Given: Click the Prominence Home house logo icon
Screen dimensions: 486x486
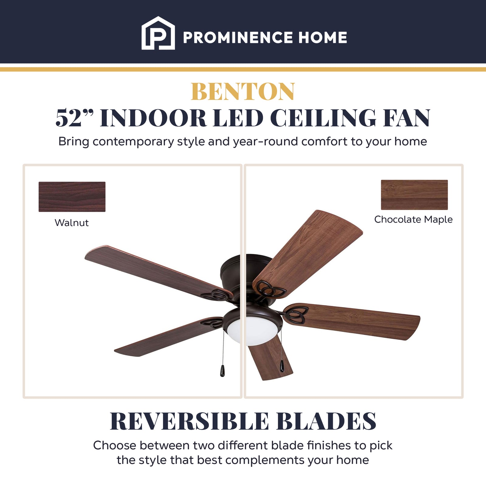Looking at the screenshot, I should pyautogui.click(x=158, y=33).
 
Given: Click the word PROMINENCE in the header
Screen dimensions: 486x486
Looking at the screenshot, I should pyautogui.click(x=237, y=38).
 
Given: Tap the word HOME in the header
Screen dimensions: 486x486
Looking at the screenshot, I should pyautogui.click(x=323, y=38).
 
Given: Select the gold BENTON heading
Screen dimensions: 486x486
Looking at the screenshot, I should pyautogui.click(x=243, y=91).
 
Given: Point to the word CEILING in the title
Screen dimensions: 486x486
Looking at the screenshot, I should pyautogui.click(x=323, y=118).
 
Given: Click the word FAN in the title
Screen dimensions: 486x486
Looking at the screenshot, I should pyautogui.click(x=406, y=118).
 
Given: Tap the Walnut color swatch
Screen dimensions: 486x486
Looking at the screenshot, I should pyautogui.click(x=72, y=197).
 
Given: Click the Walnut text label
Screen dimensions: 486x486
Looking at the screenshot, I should pyautogui.click(x=72, y=223).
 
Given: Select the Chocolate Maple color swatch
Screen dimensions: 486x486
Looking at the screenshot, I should pyautogui.click(x=414, y=195).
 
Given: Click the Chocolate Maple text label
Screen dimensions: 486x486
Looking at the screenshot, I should pyautogui.click(x=413, y=219).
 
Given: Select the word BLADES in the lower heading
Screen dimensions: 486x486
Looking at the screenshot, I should pyautogui.click(x=326, y=422).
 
